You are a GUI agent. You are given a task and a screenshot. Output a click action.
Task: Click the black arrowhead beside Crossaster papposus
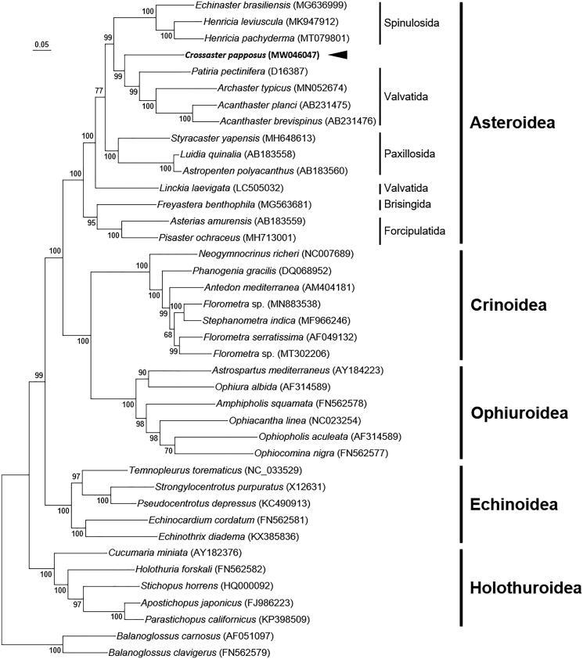pyautogui.click(x=337, y=55)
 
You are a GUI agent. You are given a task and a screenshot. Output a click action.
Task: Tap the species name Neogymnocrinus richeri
pyautogui.click(x=239, y=254)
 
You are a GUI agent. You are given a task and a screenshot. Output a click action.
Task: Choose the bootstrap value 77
pyautogui.click(x=99, y=91)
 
